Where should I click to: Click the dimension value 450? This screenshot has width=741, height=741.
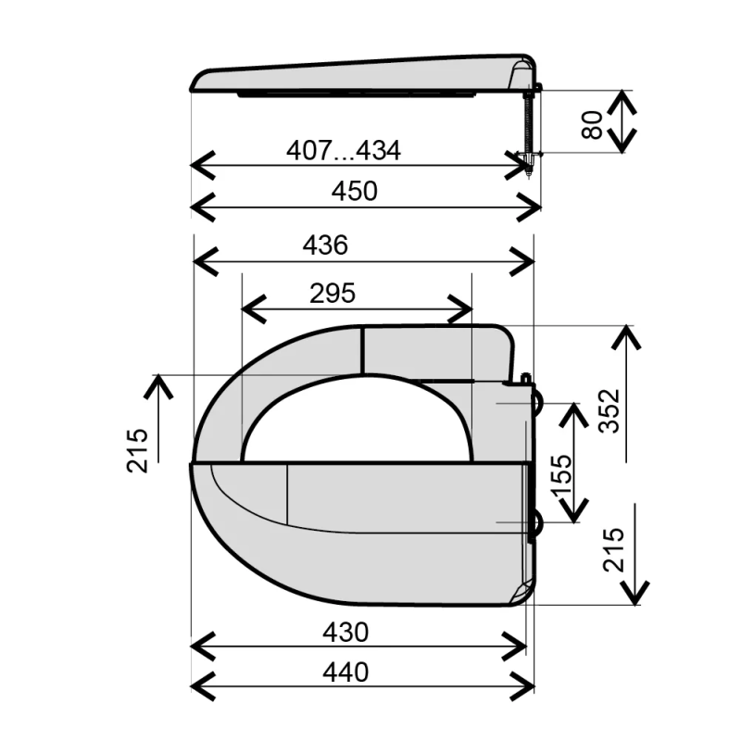(356, 192)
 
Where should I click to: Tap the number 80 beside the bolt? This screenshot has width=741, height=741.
(593, 121)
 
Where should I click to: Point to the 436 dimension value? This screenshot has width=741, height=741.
(325, 245)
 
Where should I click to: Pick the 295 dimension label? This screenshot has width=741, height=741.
(333, 294)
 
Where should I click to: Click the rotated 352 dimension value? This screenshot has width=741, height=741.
(608, 410)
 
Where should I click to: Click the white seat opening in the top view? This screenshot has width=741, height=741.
(357, 421)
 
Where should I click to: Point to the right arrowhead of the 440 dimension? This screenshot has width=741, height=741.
(528, 684)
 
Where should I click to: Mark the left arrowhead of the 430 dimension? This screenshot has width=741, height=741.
(198, 646)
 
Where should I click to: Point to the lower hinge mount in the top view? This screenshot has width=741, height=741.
(536, 525)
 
